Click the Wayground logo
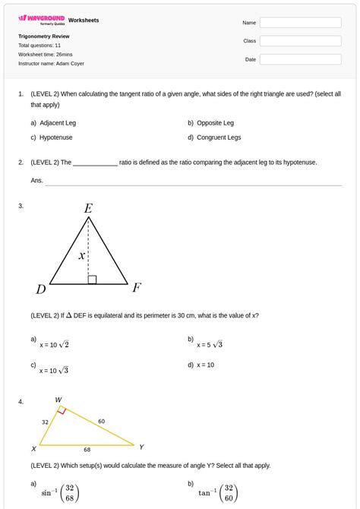click(41, 20)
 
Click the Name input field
click(300, 23)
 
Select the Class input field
click(300, 40)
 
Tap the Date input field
click(300, 58)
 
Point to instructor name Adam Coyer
click(51, 64)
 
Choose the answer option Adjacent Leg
click(58, 122)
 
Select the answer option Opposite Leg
click(215, 122)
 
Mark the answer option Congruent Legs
click(219, 138)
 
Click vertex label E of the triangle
click(89, 208)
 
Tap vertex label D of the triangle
click(41, 289)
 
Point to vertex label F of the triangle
click(137, 287)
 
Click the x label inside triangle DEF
click(81, 256)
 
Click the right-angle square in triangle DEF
click(92, 280)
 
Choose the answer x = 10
click(205, 365)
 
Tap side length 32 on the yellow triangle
click(45, 422)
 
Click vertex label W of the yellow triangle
click(59, 399)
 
